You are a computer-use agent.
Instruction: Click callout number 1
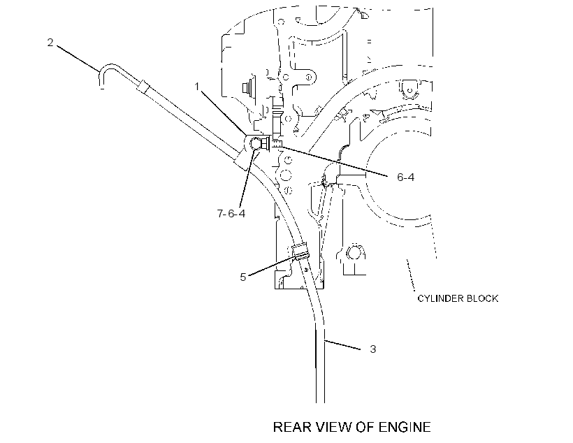(x=197, y=87)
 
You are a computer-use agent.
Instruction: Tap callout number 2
(x=50, y=43)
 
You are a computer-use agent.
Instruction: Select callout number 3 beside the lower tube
(x=372, y=349)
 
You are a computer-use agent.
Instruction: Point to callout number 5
(x=242, y=277)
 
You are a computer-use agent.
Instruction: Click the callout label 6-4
(x=405, y=177)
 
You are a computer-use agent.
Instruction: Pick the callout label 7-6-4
(x=231, y=213)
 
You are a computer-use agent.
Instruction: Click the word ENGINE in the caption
(x=405, y=428)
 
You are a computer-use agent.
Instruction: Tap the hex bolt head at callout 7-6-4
(x=256, y=144)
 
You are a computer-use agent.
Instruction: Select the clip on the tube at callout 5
(x=300, y=251)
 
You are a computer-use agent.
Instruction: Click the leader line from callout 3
(x=343, y=345)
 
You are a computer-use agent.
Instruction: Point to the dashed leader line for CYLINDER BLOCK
(x=411, y=275)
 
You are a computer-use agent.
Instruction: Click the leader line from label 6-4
(x=333, y=162)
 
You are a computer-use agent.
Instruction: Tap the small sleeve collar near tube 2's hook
(x=143, y=87)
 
